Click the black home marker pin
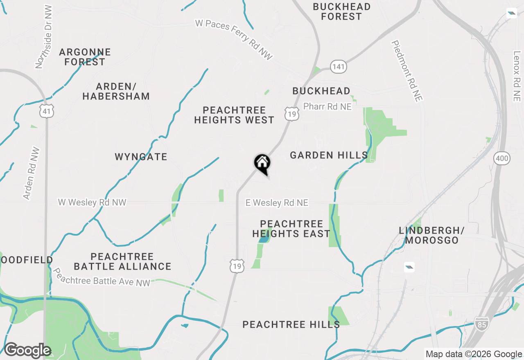[x=262, y=164]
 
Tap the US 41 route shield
[x=47, y=110]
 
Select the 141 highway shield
[x=339, y=67]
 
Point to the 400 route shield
[x=501, y=158]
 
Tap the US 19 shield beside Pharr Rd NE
[x=291, y=113]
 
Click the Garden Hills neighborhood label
[x=329, y=155]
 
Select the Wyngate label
[x=141, y=157]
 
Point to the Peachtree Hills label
[x=291, y=325]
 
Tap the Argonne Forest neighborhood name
[x=85, y=57]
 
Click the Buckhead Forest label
[x=342, y=12]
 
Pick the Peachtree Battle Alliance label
[x=122, y=261]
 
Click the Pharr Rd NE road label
[x=327, y=107]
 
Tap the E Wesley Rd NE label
[x=277, y=203]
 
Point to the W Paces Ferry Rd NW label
[x=234, y=40]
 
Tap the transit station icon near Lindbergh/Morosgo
[x=409, y=268]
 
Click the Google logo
[x=27, y=351]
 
